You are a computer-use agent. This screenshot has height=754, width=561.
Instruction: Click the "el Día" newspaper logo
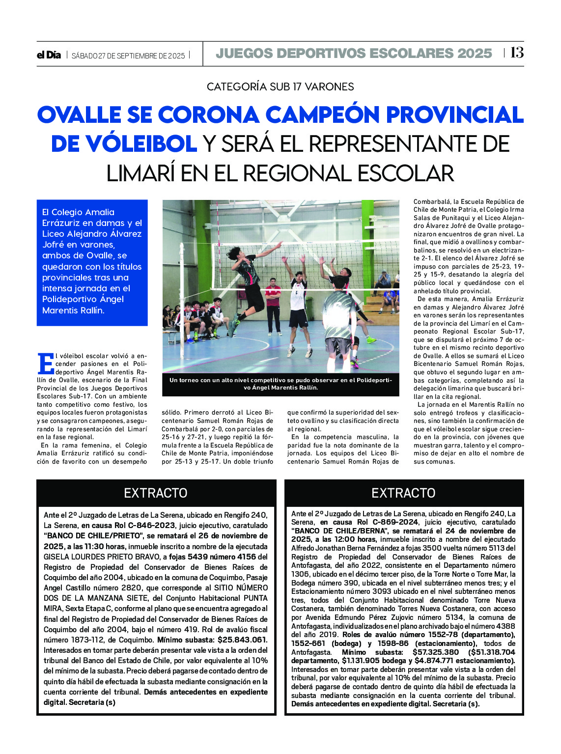pos(49,55)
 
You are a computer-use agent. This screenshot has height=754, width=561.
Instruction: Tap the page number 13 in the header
pos(516,53)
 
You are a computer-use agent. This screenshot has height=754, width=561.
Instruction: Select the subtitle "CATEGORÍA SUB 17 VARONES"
pos(280,87)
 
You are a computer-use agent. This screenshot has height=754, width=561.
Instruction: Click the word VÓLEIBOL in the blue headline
pos(124,144)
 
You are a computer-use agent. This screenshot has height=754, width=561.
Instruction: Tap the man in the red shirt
pos(273,305)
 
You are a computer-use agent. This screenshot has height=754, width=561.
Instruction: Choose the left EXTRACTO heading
pos(155,493)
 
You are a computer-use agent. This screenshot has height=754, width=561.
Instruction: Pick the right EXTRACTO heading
pos(403,493)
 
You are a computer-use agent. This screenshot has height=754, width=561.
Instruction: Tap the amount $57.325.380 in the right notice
pos(436,652)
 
